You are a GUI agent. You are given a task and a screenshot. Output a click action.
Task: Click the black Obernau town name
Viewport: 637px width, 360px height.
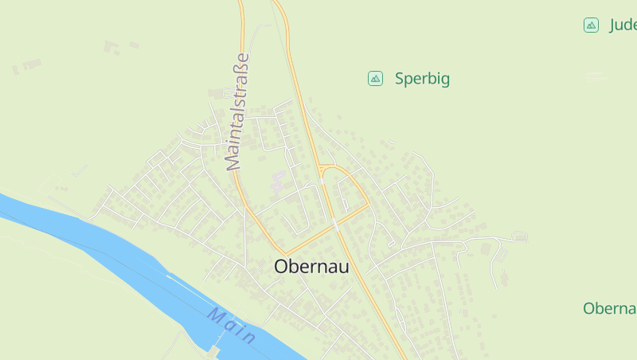coord(311,268)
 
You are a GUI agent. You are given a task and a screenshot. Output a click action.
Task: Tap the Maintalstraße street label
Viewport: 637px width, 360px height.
coord(237,112)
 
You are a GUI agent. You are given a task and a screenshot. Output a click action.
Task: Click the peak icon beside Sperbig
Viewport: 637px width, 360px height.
coord(375,78)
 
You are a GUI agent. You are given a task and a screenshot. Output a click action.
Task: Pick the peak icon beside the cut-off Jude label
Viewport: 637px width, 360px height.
coord(591,25)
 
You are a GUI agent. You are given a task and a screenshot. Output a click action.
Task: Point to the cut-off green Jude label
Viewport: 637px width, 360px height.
coord(623,25)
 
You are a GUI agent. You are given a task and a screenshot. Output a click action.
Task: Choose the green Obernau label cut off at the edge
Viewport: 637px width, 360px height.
coord(610,308)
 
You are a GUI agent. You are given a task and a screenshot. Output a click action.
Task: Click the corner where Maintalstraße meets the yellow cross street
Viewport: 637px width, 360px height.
coord(284,254)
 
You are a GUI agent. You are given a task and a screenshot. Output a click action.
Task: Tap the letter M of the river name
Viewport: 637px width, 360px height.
coord(216,315)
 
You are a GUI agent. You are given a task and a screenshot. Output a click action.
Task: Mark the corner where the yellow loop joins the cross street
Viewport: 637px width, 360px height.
coord(369,205)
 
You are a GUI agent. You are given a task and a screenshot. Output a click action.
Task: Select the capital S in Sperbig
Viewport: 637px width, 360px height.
coord(400,79)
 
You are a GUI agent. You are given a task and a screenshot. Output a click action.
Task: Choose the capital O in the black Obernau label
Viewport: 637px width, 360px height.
coord(282,268)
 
